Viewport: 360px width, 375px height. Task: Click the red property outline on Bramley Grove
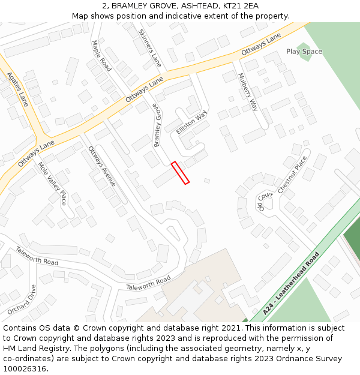[x=180, y=173]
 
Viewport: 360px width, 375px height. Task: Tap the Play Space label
[x=304, y=52]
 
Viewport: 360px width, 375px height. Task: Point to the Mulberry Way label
[x=248, y=92]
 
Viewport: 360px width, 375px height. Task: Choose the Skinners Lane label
[x=150, y=48]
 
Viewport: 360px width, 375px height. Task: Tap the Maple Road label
[x=101, y=56]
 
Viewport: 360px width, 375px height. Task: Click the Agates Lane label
[x=17, y=89]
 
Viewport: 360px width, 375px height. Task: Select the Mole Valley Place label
[x=52, y=183]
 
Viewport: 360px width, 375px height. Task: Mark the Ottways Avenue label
[x=102, y=166]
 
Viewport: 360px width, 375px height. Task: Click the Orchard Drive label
[x=21, y=299]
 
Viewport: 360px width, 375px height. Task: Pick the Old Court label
[x=265, y=201]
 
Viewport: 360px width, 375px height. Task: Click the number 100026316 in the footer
[x=25, y=368]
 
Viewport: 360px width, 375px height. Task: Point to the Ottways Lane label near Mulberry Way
[x=261, y=46]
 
